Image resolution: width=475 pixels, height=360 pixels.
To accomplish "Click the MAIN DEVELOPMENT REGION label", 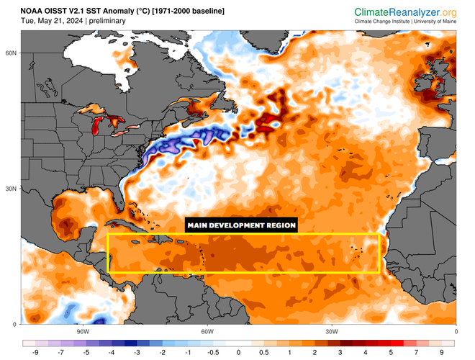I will click(x=241, y=225).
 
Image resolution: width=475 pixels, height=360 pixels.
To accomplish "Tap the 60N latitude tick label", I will click(x=12, y=53).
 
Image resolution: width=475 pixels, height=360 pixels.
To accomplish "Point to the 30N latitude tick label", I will click(x=12, y=189).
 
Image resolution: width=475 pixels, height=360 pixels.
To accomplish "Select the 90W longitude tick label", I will click(x=82, y=331).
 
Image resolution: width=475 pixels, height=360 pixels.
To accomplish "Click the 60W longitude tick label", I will click(x=207, y=331).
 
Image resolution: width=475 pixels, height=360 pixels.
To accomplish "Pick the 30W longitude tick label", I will click(x=331, y=331).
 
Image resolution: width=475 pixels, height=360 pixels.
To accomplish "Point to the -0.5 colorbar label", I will click(x=213, y=353).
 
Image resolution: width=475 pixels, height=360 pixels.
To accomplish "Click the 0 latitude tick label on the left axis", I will click(x=14, y=324).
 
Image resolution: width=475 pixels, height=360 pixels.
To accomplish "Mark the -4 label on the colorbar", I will click(x=111, y=353).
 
